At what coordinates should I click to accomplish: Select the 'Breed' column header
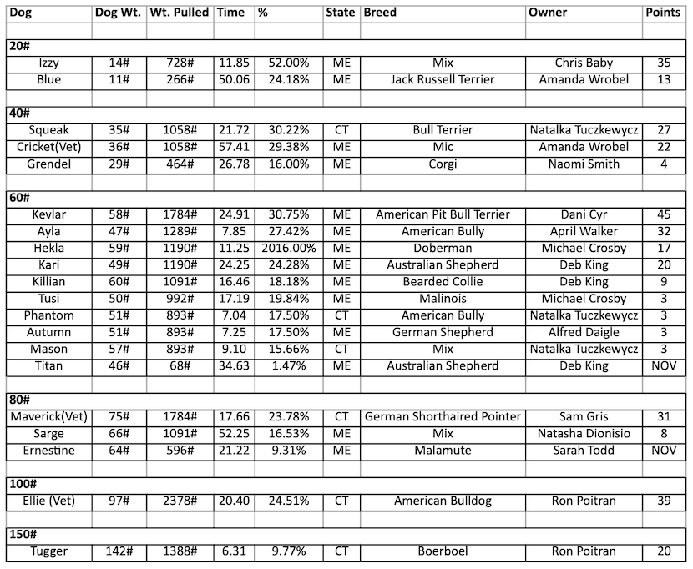coord(380,13)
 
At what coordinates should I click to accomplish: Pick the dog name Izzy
coord(48,63)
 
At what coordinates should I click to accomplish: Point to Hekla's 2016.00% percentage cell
coord(289,248)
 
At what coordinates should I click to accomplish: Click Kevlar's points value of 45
coord(663,214)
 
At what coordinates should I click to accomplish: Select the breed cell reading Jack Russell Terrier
coord(443,79)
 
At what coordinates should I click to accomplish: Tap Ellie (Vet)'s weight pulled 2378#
coord(180,501)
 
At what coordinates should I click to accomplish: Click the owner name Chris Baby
coord(584,63)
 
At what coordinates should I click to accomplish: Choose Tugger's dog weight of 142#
coord(119,551)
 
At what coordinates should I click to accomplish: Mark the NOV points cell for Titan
coord(663,365)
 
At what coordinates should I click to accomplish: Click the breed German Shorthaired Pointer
coord(443,416)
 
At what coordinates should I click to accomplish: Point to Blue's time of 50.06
coord(235,79)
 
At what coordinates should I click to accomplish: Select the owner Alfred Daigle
coord(584,332)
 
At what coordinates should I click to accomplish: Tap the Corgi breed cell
coord(443,164)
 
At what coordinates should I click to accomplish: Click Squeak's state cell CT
coord(341,130)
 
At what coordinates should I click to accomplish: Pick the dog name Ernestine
coord(48,450)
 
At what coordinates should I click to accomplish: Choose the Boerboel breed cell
coord(443,551)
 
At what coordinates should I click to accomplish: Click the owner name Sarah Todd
coord(584,450)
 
